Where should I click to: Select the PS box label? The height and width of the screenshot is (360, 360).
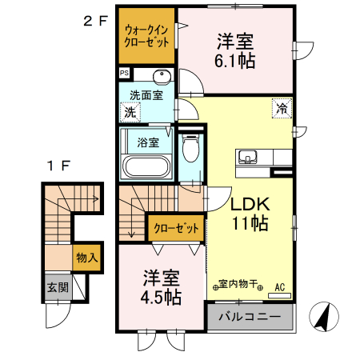tap(124, 74)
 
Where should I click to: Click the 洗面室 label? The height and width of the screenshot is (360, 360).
tap(146, 94)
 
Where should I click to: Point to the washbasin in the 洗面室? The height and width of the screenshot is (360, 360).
tap(161, 78)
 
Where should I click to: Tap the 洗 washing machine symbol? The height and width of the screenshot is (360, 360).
tap(130, 113)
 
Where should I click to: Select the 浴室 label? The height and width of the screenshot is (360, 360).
tap(147, 143)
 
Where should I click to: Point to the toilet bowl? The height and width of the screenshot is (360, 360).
tap(190, 151)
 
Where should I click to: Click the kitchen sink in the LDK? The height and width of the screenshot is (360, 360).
tap(246, 156)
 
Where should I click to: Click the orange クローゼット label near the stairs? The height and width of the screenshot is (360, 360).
tap(174, 228)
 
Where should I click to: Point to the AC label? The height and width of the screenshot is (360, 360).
tap(280, 285)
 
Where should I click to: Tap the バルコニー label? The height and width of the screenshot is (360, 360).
tap(250, 317)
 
